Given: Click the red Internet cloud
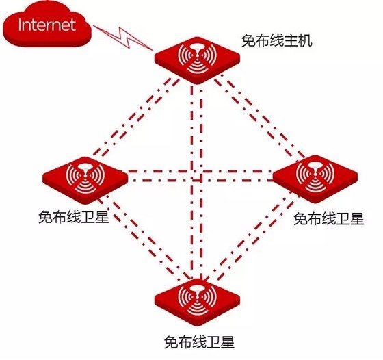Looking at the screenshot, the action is pyautogui.click(x=47, y=25).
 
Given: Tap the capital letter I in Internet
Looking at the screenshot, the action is pyautogui.click(x=20, y=25).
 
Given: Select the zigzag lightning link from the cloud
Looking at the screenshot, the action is pyautogui.click(x=123, y=38).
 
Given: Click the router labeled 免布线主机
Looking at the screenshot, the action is pyautogui.click(x=197, y=60).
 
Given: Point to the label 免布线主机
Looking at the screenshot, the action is pyautogui.click(x=277, y=40).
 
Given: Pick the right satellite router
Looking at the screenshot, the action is pyautogui.click(x=315, y=179).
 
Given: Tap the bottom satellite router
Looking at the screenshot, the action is pyautogui.click(x=198, y=303).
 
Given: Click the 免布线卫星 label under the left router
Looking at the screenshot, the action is pyautogui.click(x=73, y=217).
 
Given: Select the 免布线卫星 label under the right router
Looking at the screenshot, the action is pyautogui.click(x=328, y=218).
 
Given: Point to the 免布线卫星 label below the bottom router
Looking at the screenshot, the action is pyautogui.click(x=199, y=342).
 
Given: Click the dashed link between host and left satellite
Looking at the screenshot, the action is pyautogui.click(x=135, y=118).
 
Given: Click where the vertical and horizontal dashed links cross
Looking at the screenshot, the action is pyautogui.click(x=197, y=176).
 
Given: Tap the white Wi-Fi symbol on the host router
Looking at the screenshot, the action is pyautogui.click(x=198, y=58).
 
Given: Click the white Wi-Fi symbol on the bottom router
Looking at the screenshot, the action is pyautogui.click(x=198, y=300).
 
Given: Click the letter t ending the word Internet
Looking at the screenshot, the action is pyautogui.click(x=72, y=25).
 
